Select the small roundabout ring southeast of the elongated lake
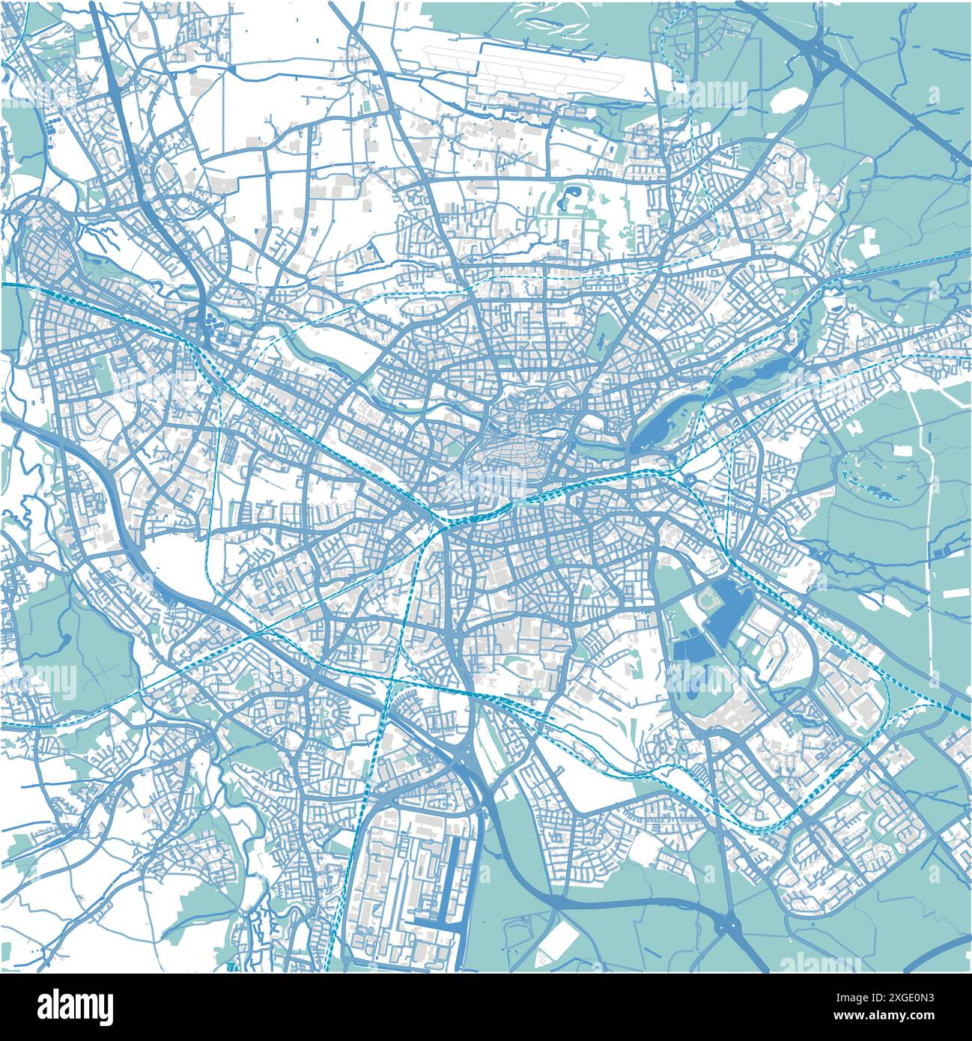[x=690, y=479]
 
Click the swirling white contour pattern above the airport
[x=550, y=22]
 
